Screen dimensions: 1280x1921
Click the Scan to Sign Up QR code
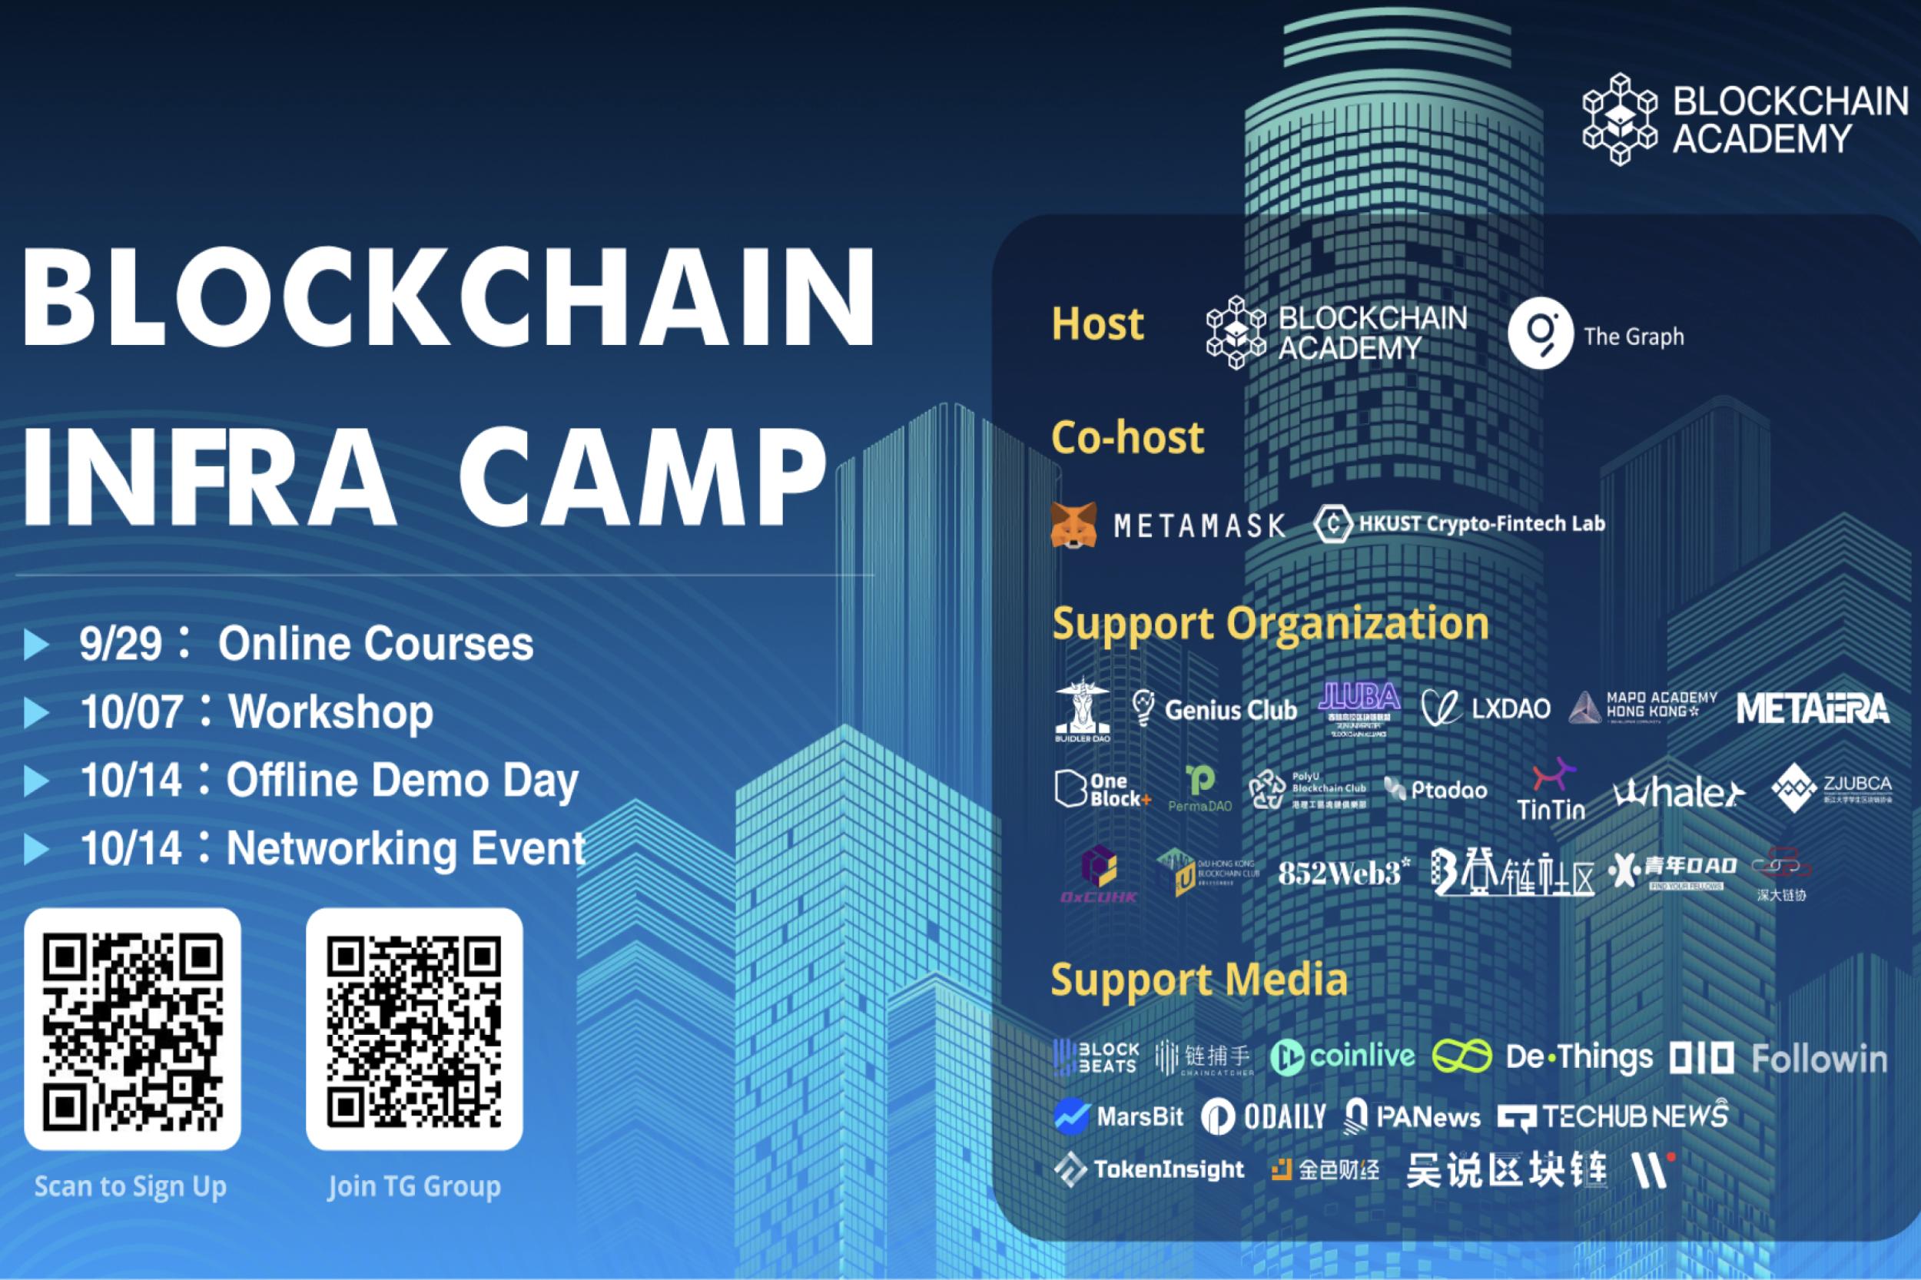(x=132, y=1030)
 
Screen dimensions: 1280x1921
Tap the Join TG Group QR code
(x=414, y=1030)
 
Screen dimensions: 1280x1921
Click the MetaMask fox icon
(x=1073, y=525)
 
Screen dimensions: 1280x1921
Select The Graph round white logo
(x=1540, y=334)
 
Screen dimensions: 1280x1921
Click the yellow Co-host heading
(x=1127, y=439)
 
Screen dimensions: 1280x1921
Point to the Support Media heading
(x=1199, y=980)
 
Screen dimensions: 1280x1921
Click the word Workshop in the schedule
(x=330, y=711)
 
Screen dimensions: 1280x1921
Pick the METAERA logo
(x=1813, y=708)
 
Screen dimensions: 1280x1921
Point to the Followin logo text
(x=1819, y=1059)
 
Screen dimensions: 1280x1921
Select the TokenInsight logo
(x=1150, y=1170)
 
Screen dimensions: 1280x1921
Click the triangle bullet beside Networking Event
(x=36, y=850)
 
